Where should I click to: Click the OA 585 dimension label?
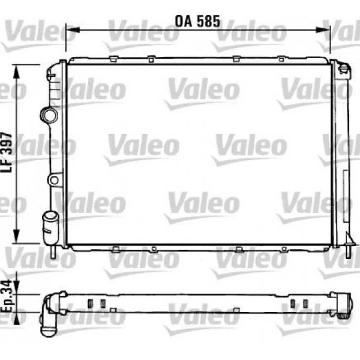[x=197, y=21]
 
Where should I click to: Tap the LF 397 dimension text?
[x=6, y=152]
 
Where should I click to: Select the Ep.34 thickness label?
[x=6, y=296]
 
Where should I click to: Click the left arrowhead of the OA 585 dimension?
[x=73, y=30]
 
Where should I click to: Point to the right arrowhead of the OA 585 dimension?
[x=323, y=30]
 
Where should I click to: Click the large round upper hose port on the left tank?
[x=49, y=115]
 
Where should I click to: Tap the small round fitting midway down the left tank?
[x=54, y=180]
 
